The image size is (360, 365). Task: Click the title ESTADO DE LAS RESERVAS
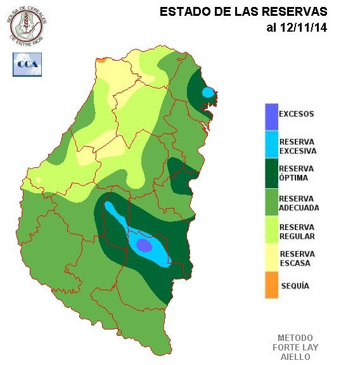point(243,12)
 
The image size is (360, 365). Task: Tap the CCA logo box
point(27,65)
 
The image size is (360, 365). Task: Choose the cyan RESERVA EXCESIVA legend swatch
point(271,145)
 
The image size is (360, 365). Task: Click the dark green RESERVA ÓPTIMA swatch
point(271,173)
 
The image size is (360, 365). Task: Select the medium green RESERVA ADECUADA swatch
point(271,202)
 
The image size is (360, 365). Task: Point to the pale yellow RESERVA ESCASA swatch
point(271,258)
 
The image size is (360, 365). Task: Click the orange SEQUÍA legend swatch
point(271,285)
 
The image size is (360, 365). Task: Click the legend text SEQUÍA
point(295,286)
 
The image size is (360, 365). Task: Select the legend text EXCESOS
point(297,114)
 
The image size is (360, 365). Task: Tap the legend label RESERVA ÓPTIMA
point(297,174)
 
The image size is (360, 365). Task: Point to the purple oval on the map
point(144,245)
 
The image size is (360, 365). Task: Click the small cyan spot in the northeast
point(208,93)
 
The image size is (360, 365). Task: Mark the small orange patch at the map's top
point(100,60)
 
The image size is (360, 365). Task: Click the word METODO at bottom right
point(295,338)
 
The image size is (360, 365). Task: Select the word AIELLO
point(295,357)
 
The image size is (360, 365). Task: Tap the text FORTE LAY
point(295,347)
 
